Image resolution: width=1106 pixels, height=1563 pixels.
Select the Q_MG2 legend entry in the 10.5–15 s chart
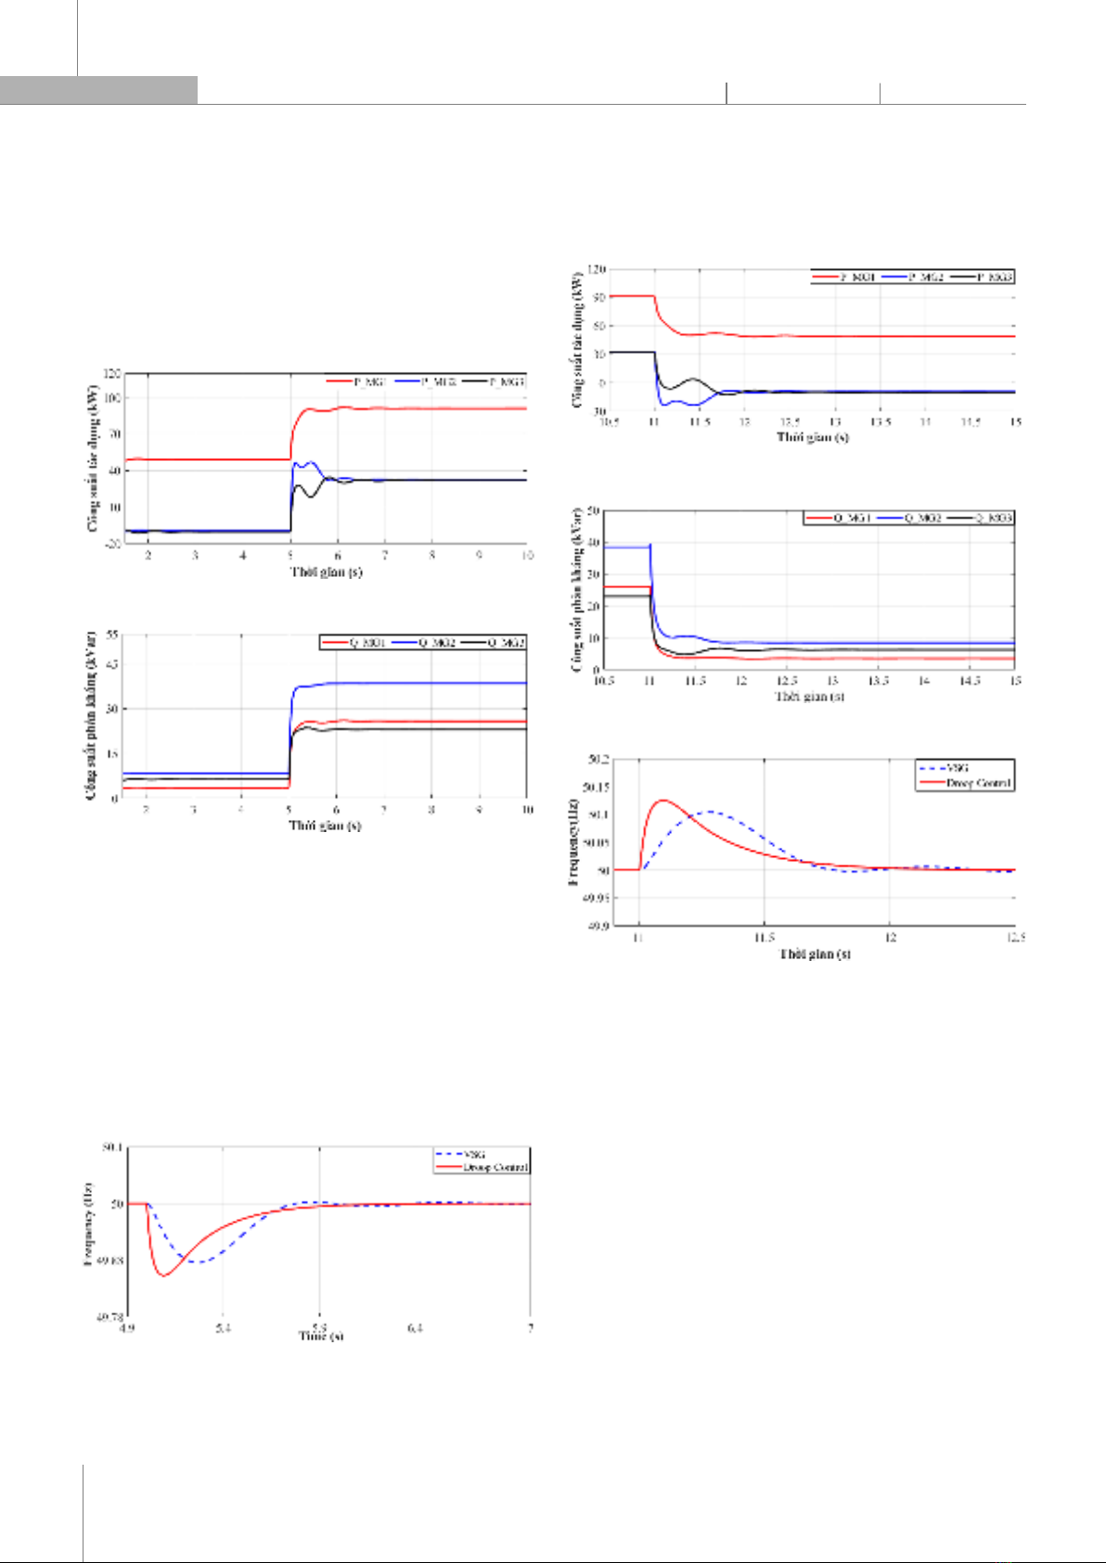click(x=922, y=518)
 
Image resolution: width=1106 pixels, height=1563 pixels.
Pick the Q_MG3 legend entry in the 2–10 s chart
click(x=506, y=642)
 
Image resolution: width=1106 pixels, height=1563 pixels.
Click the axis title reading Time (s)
click(x=321, y=1336)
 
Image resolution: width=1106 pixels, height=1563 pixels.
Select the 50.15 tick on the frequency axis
click(x=594, y=788)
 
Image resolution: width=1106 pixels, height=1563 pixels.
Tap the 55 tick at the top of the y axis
click(x=114, y=634)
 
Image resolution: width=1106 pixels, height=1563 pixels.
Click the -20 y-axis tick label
click(x=111, y=544)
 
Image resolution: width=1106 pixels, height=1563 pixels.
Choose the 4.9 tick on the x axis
click(x=127, y=1328)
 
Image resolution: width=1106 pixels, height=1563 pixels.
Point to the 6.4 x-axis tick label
click(x=415, y=1328)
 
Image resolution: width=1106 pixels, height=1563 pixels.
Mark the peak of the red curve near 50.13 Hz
click(x=663, y=800)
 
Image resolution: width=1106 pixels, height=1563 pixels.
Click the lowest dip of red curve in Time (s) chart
click(x=165, y=1276)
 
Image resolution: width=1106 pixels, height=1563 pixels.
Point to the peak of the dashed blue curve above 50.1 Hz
click(x=711, y=812)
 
